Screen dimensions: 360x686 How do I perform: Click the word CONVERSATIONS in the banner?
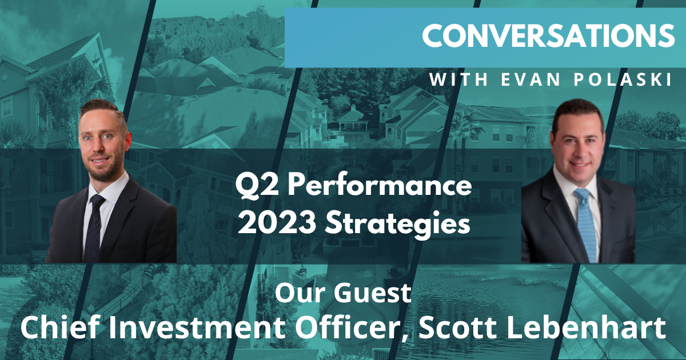(548, 36)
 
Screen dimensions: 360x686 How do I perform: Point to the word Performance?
(375, 186)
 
